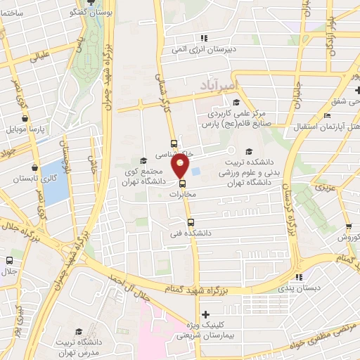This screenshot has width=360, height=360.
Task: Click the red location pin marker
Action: (181, 166)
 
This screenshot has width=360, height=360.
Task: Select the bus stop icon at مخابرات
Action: (183, 186)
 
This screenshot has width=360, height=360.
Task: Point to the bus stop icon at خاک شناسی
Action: (174, 143)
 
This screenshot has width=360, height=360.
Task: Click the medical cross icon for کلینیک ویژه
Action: (205, 314)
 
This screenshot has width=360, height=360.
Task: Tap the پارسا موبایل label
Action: (27, 130)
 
